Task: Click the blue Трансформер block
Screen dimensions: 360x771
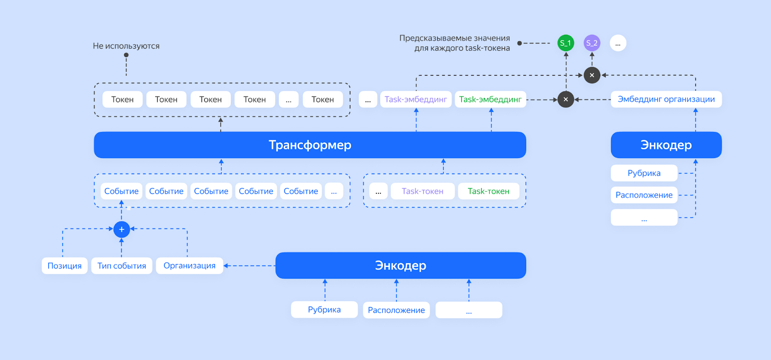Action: point(310,145)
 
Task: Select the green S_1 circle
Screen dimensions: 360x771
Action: point(566,43)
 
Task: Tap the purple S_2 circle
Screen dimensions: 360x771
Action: point(592,43)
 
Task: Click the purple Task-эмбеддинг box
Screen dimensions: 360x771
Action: point(416,99)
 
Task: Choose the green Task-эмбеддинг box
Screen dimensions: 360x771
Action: point(490,99)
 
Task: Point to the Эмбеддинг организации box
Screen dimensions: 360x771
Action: point(666,99)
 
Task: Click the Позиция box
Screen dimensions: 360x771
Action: point(65,266)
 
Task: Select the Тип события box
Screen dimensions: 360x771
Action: point(121,266)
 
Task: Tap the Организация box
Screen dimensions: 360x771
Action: point(189,266)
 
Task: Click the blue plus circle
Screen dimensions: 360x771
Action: point(121,229)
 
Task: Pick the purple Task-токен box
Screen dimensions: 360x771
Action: point(423,191)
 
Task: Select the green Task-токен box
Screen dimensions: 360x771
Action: point(488,191)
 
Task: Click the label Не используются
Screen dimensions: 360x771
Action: point(126,46)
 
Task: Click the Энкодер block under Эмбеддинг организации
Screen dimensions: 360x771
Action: point(666,145)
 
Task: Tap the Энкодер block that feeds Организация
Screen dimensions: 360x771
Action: point(400,266)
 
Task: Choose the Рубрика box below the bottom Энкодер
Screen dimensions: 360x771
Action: point(324,309)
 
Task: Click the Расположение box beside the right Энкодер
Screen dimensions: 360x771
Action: point(644,195)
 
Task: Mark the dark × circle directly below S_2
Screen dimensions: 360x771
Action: point(592,75)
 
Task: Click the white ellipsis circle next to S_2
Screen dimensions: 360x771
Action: point(618,43)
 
